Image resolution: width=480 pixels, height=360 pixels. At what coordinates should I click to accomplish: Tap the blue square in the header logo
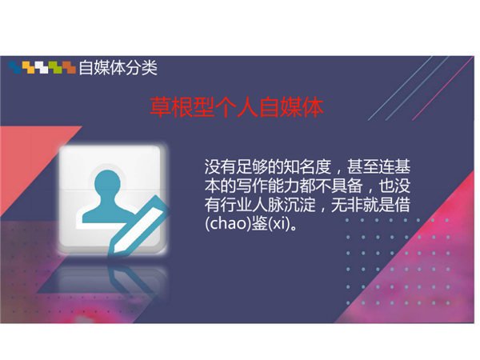pos(14,67)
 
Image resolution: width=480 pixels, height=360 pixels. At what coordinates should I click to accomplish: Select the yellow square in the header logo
pos(28,67)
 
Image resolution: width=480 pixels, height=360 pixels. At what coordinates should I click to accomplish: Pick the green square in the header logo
pos(55,67)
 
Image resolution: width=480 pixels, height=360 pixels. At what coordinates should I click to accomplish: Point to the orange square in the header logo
pos(69,67)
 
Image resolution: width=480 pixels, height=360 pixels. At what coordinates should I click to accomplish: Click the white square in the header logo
pos(42,67)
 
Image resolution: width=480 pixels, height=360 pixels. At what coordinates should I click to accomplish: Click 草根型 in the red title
pos(182,107)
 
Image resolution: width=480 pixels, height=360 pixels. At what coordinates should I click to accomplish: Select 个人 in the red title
pos(237,107)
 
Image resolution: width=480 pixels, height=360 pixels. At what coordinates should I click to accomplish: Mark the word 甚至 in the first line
pos(362,167)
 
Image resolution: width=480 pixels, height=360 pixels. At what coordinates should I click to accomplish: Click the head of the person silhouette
pos(107,183)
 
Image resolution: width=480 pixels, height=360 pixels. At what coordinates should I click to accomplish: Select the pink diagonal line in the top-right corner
pos(442,88)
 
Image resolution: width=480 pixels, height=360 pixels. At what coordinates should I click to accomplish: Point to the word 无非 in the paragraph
pos(347,205)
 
